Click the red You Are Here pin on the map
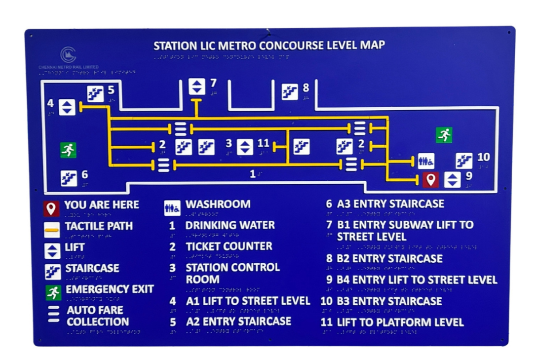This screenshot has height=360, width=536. pyautogui.click(x=430, y=180)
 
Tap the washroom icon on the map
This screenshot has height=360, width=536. pyautogui.click(x=426, y=160)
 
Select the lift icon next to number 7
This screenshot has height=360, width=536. pyautogui.click(x=197, y=87)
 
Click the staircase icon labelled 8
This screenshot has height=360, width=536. pyautogui.click(x=290, y=92)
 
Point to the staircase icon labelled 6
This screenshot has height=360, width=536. pyautogui.click(x=69, y=178)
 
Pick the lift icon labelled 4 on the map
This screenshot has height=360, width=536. pyautogui.click(x=67, y=107)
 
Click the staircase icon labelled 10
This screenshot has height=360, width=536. pyautogui.click(x=464, y=160)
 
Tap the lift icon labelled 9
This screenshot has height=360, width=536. pyautogui.click(x=452, y=180)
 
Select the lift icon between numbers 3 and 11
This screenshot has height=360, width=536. pyautogui.click(x=245, y=147)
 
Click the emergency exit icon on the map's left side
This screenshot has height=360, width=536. pyautogui.click(x=68, y=150)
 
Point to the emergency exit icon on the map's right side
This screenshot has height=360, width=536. pyautogui.click(x=444, y=135)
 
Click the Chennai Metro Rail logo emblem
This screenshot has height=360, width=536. pyautogui.click(x=68, y=54)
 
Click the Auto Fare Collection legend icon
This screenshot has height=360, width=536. pyautogui.click(x=53, y=315)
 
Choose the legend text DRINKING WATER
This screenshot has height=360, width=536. pyautogui.click(x=230, y=225)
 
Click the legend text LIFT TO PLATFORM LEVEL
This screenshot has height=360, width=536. pyautogui.click(x=400, y=322)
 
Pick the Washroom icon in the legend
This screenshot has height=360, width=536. pyautogui.click(x=172, y=208)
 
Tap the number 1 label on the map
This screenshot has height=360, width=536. pyautogui.click(x=253, y=174)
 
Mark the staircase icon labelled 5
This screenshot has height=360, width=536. pyautogui.click(x=95, y=93)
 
